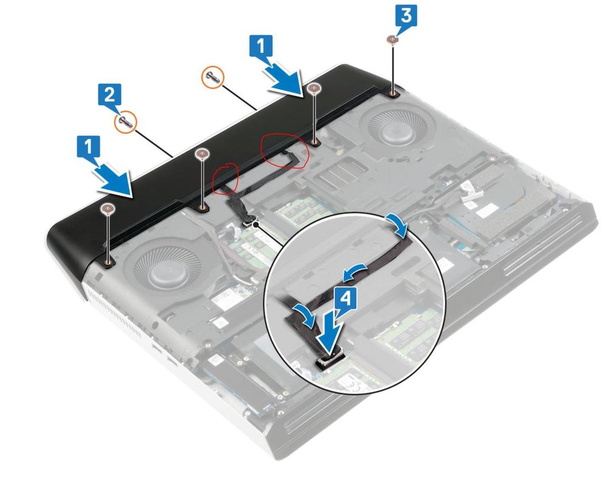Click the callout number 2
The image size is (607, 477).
[x=110, y=95]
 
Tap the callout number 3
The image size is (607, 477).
[x=405, y=16]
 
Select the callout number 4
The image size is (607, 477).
[x=346, y=299]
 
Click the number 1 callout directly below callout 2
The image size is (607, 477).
[x=89, y=146]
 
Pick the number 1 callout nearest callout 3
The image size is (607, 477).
[x=261, y=47]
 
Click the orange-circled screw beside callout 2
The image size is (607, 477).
[x=126, y=121]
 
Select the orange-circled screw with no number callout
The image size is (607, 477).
[x=213, y=76]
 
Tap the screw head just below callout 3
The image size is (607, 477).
[x=392, y=39]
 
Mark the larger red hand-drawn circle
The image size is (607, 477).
[x=285, y=151]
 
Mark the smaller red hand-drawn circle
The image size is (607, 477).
[x=226, y=178]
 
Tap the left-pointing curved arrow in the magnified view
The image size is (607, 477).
[x=355, y=272]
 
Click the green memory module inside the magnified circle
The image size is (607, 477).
[x=410, y=335]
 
